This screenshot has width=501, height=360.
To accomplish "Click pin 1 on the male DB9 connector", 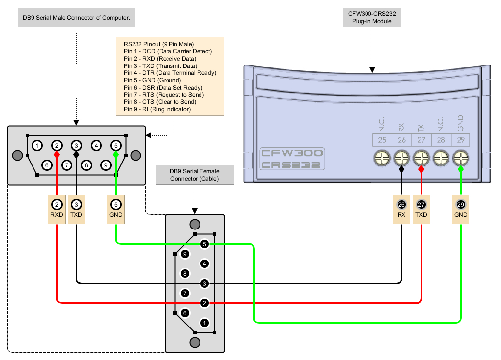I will tap(37, 146).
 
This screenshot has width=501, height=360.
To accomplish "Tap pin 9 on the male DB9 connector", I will tap(106, 165).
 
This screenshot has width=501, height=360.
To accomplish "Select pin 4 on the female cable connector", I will tap(205, 264).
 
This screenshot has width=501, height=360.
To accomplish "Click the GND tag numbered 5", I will tap(116, 210).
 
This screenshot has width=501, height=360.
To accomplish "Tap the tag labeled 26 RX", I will tap(401, 210).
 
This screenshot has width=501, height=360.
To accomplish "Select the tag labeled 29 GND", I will tap(461, 210).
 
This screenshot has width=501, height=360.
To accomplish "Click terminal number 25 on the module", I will tap(382, 140).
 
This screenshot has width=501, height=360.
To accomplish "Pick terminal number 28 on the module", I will tap(441, 140).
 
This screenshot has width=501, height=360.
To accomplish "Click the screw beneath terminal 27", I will tap(421, 158).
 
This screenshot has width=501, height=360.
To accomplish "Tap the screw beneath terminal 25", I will tap(382, 158).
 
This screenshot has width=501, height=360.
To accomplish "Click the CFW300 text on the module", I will tap(292, 153).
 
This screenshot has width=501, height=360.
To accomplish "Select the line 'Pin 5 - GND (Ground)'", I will tap(152, 80).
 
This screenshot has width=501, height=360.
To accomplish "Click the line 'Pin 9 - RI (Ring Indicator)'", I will tap(157, 109).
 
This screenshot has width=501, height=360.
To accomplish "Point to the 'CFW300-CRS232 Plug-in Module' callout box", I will tap(372, 18).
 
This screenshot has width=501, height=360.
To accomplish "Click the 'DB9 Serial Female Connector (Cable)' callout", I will tap(194, 175).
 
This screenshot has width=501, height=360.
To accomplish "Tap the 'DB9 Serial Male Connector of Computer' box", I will tap(76, 18).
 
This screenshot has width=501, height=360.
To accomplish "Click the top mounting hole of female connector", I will tap(195, 224).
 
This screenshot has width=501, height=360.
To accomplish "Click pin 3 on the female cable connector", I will tap(205, 283).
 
